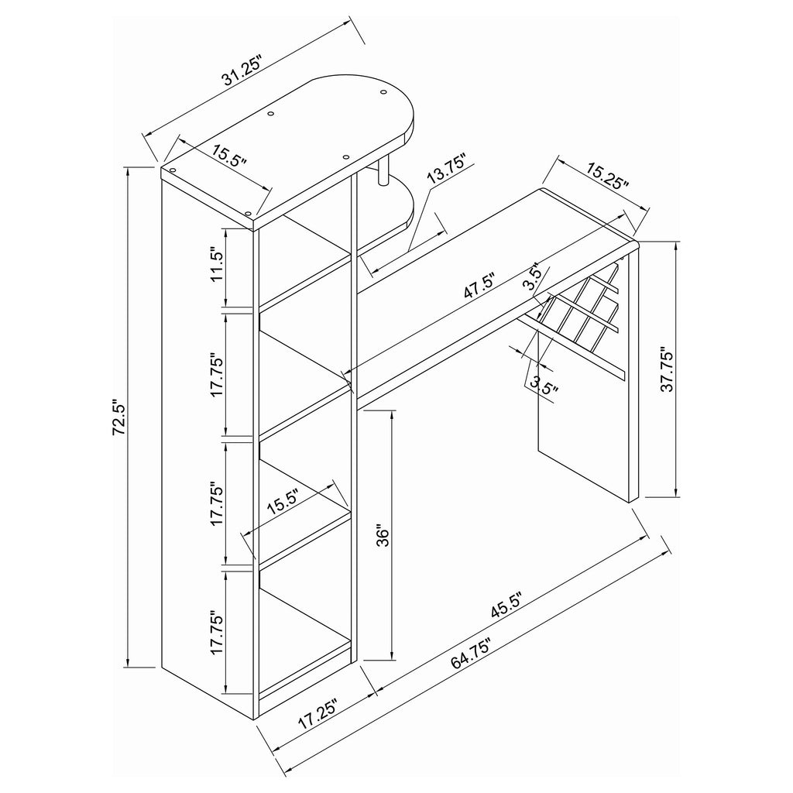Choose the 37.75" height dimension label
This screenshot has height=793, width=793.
(668, 369)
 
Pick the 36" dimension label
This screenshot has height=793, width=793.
(383, 537)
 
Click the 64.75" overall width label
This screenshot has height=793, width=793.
(472, 652)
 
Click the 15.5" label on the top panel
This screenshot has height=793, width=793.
(229, 156)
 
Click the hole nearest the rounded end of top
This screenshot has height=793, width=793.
(383, 92)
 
